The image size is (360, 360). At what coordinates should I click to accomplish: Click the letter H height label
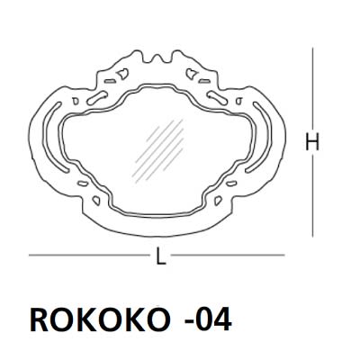(x=312, y=143)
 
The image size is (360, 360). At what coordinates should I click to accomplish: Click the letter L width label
(x=160, y=256)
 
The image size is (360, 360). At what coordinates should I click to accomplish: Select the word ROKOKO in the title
(x=98, y=319)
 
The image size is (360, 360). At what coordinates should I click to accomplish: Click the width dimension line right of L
(x=225, y=256)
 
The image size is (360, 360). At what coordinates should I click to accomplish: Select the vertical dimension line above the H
(x=313, y=90)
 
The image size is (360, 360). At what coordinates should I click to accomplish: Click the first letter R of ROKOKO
(x=40, y=319)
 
